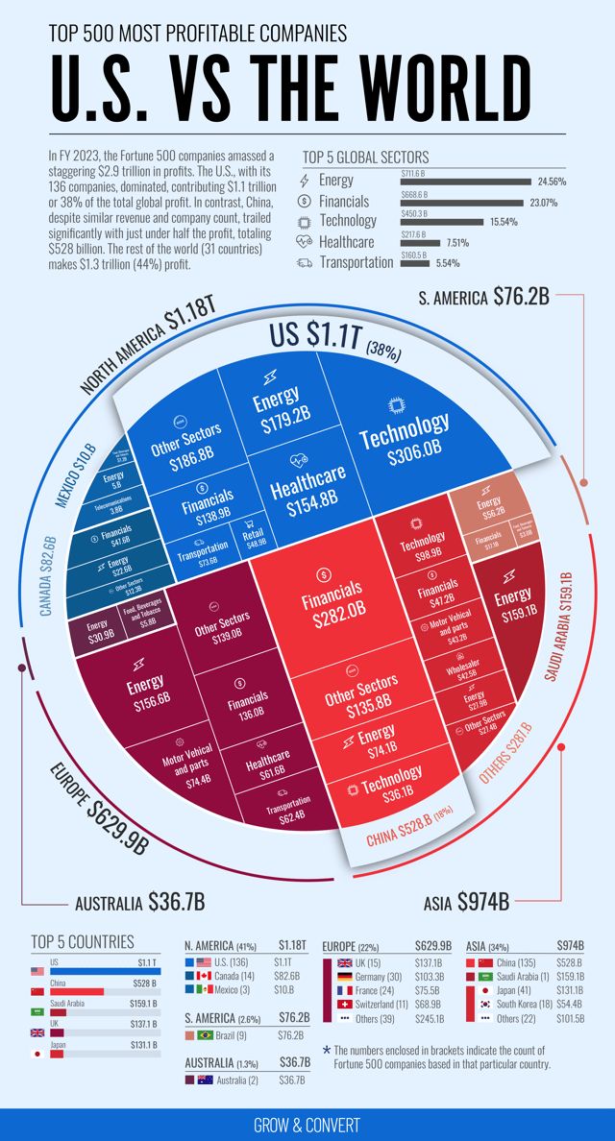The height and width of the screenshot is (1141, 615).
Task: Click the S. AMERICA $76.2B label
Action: [483, 297]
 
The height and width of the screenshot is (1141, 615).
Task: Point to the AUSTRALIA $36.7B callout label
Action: [139, 903]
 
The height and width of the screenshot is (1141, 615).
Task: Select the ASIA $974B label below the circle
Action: [466, 903]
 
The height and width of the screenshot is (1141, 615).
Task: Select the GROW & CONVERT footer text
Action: [307, 1125]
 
